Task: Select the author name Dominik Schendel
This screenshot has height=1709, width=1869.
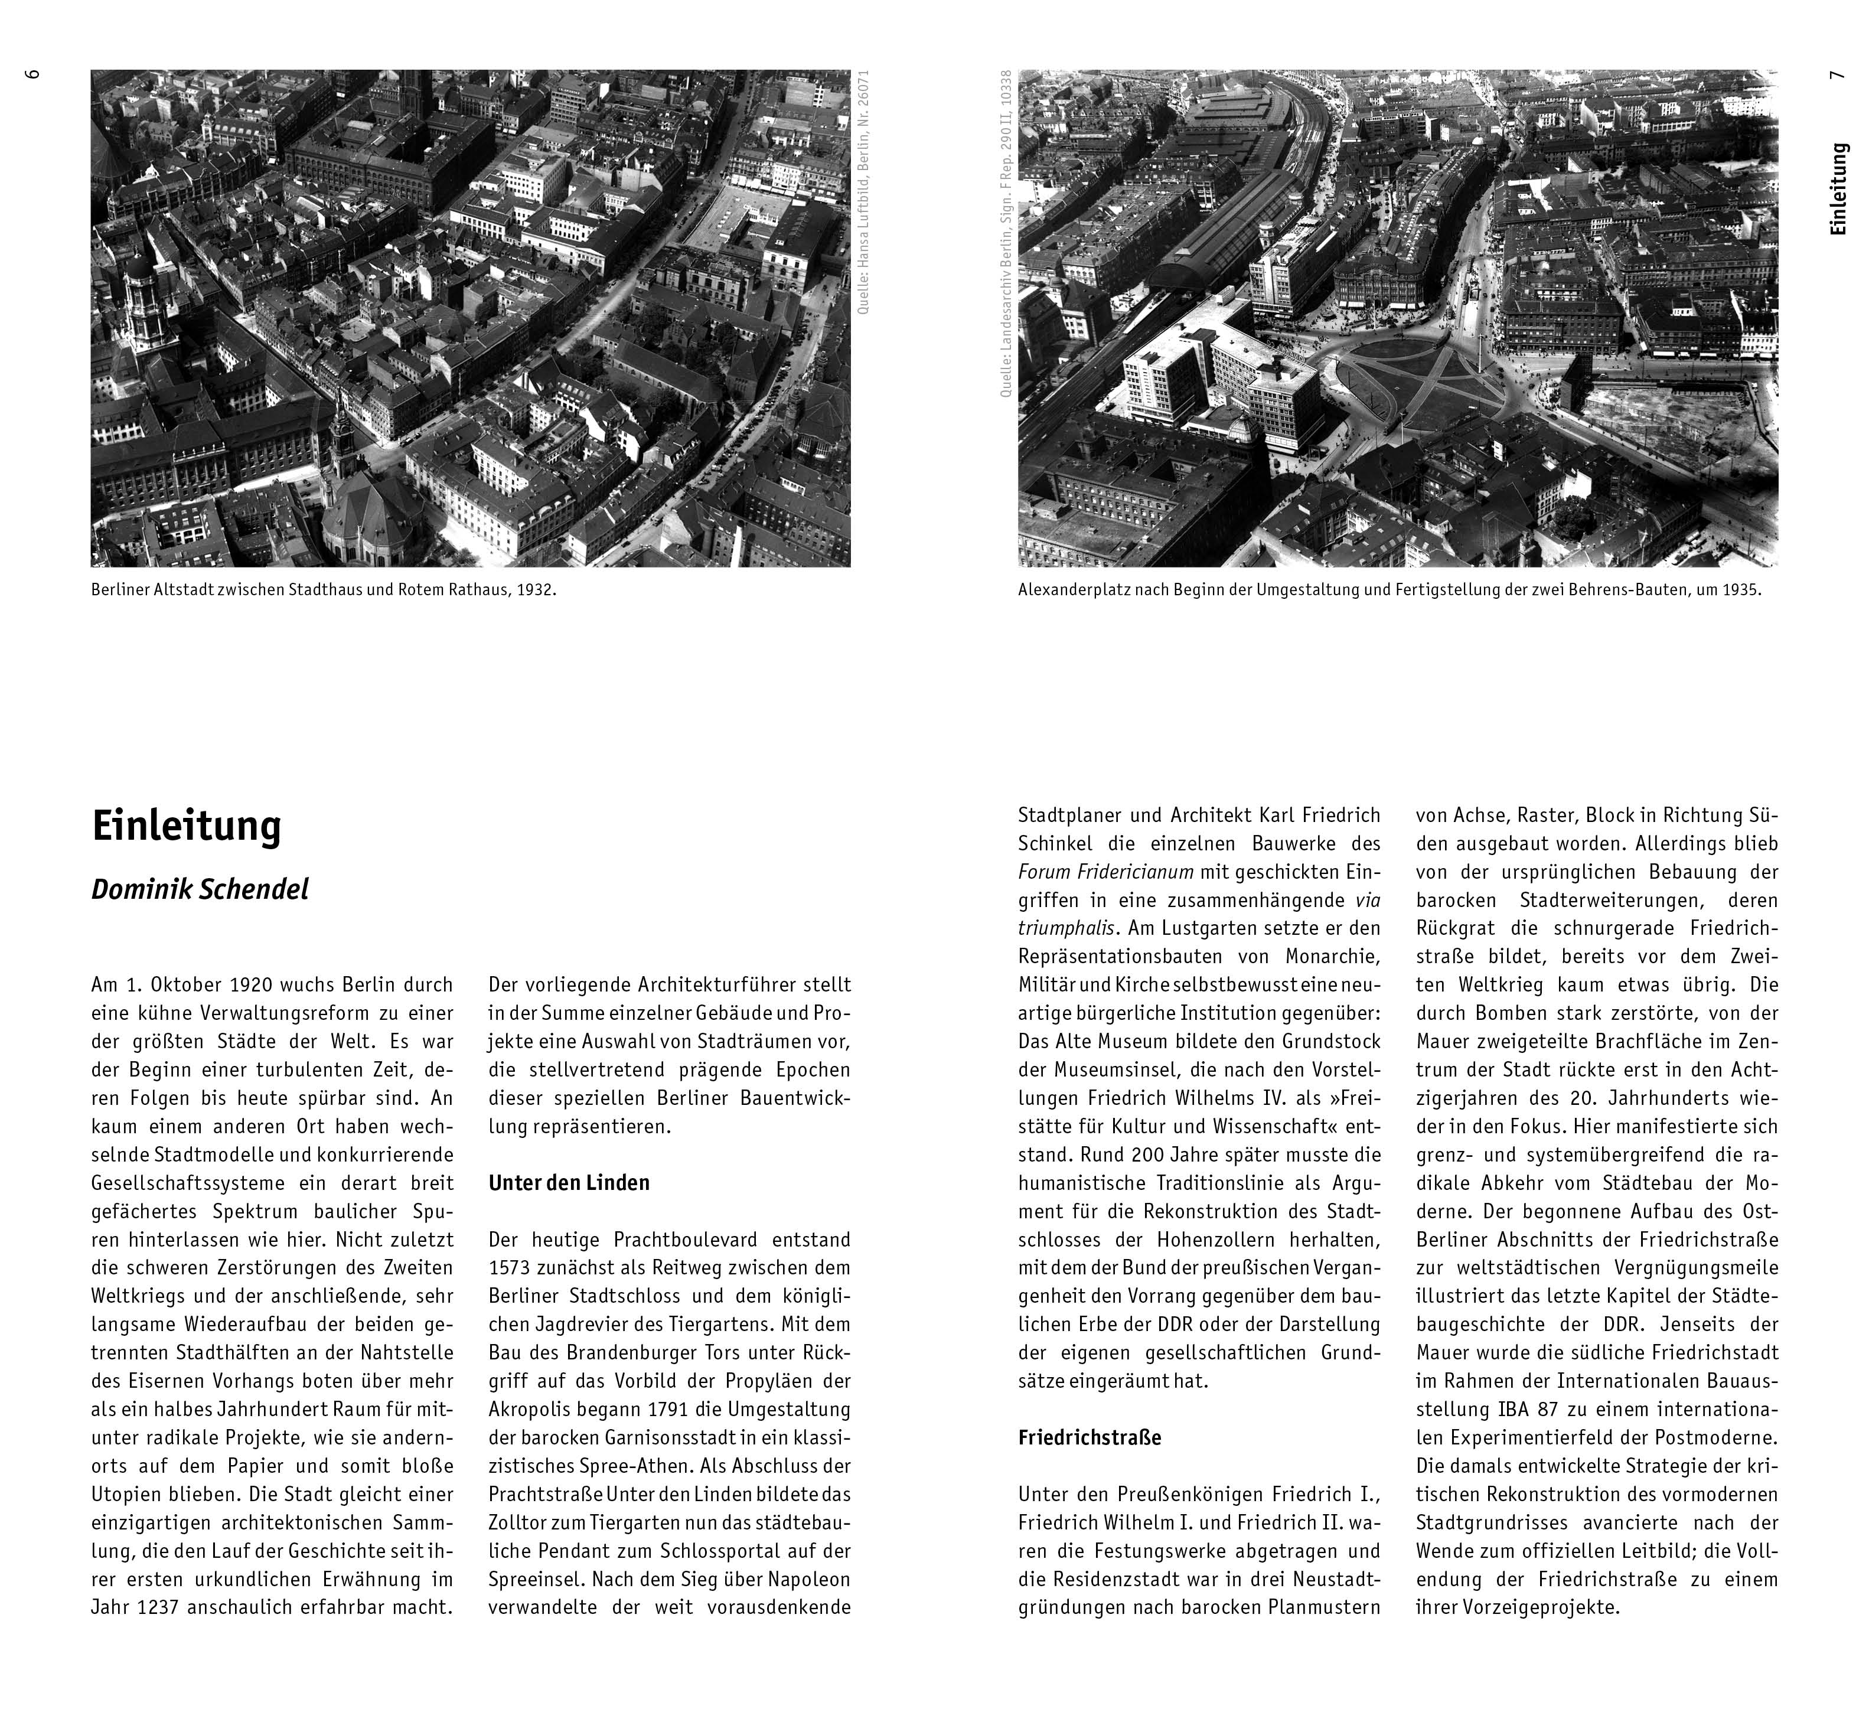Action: [x=200, y=890]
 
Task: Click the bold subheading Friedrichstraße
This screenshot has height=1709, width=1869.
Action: [x=1090, y=1438]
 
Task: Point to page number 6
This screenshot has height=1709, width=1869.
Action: [x=34, y=74]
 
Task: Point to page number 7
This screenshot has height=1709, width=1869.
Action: [x=1837, y=74]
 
